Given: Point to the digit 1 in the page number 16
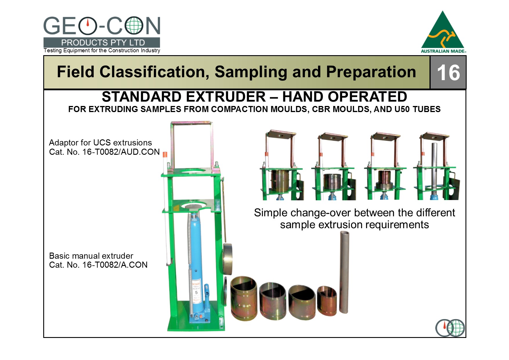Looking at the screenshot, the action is [442, 73].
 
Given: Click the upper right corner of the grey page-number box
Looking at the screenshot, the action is [466, 56].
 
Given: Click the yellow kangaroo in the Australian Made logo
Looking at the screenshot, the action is [443, 37].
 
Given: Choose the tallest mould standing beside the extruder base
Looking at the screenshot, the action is [244, 298].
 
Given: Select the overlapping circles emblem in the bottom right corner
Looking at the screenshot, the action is [450, 328].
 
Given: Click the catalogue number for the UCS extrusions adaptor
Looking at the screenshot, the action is [104, 152].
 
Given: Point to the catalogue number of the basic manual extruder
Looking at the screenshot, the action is [98, 265].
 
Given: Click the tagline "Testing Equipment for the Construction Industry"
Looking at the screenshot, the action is [102, 51].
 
